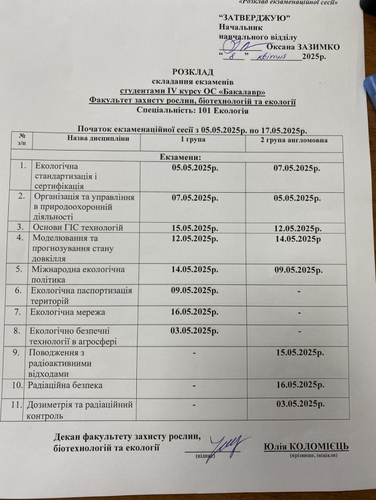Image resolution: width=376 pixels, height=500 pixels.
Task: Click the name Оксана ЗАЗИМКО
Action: [302, 47]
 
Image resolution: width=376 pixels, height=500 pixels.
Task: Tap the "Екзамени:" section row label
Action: [181, 157]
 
